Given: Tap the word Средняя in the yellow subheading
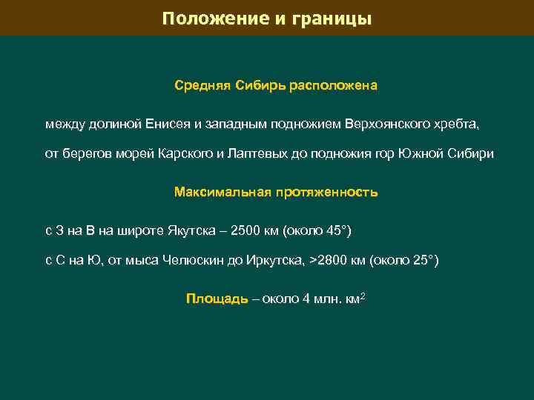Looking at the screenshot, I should [202, 85].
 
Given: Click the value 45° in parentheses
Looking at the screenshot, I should [337, 231].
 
